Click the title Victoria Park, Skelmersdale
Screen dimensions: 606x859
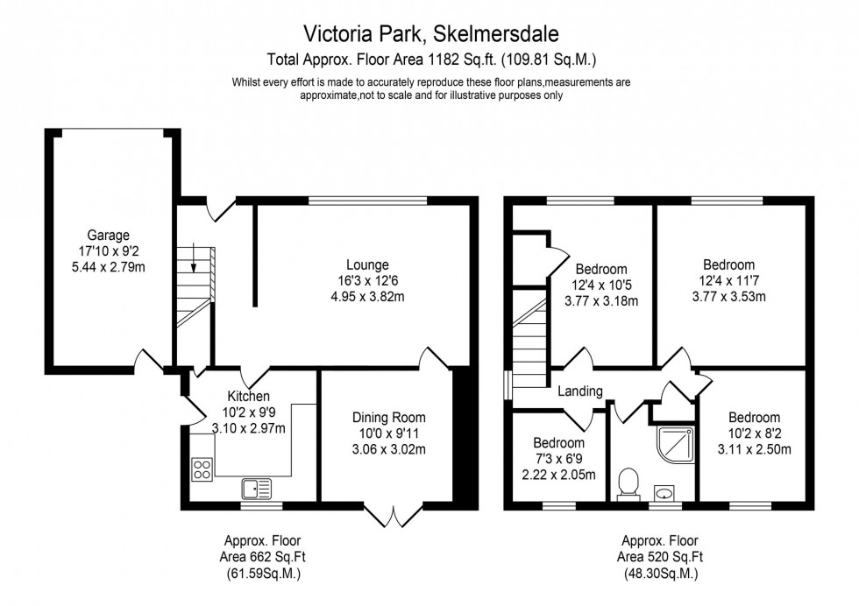(430, 33)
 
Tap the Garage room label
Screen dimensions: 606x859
(108, 235)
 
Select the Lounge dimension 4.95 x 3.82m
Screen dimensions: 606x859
(367, 297)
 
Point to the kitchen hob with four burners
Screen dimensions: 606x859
(201, 469)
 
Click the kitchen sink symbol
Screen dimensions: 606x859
(258, 487)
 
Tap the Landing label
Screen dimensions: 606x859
(580, 391)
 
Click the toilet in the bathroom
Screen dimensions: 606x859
(627, 483)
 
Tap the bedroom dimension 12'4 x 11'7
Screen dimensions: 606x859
(728, 280)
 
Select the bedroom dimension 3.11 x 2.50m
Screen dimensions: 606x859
(753, 450)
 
